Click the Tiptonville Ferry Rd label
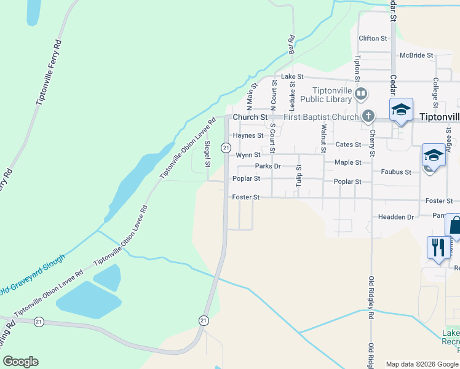click(49, 73)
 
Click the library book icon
click(361, 95)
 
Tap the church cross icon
click(368, 116)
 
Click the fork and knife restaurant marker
click(438, 247)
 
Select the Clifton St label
click(373, 38)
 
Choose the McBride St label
click(416, 55)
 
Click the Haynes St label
click(248, 135)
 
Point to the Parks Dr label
click(268, 166)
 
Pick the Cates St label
click(348, 144)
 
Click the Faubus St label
click(395, 172)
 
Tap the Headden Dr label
click(395, 217)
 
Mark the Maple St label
click(348, 162)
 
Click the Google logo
click(20, 362)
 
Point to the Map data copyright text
click(422, 364)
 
